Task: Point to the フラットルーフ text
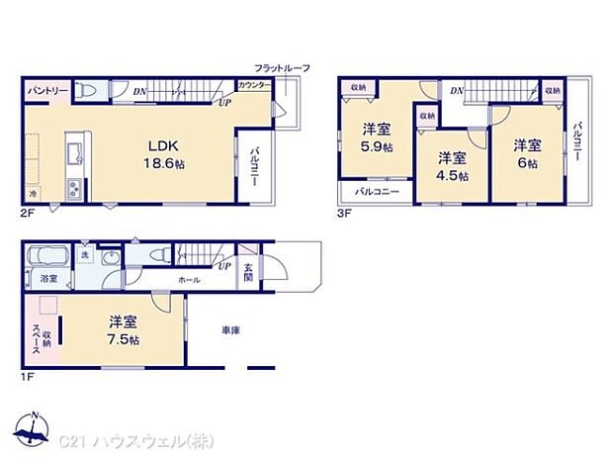point(282,67)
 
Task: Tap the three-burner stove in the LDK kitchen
point(71,189)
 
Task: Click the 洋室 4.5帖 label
point(452,165)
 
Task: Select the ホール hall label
point(190,280)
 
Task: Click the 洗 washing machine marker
point(85,255)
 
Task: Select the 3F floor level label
point(345,210)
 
